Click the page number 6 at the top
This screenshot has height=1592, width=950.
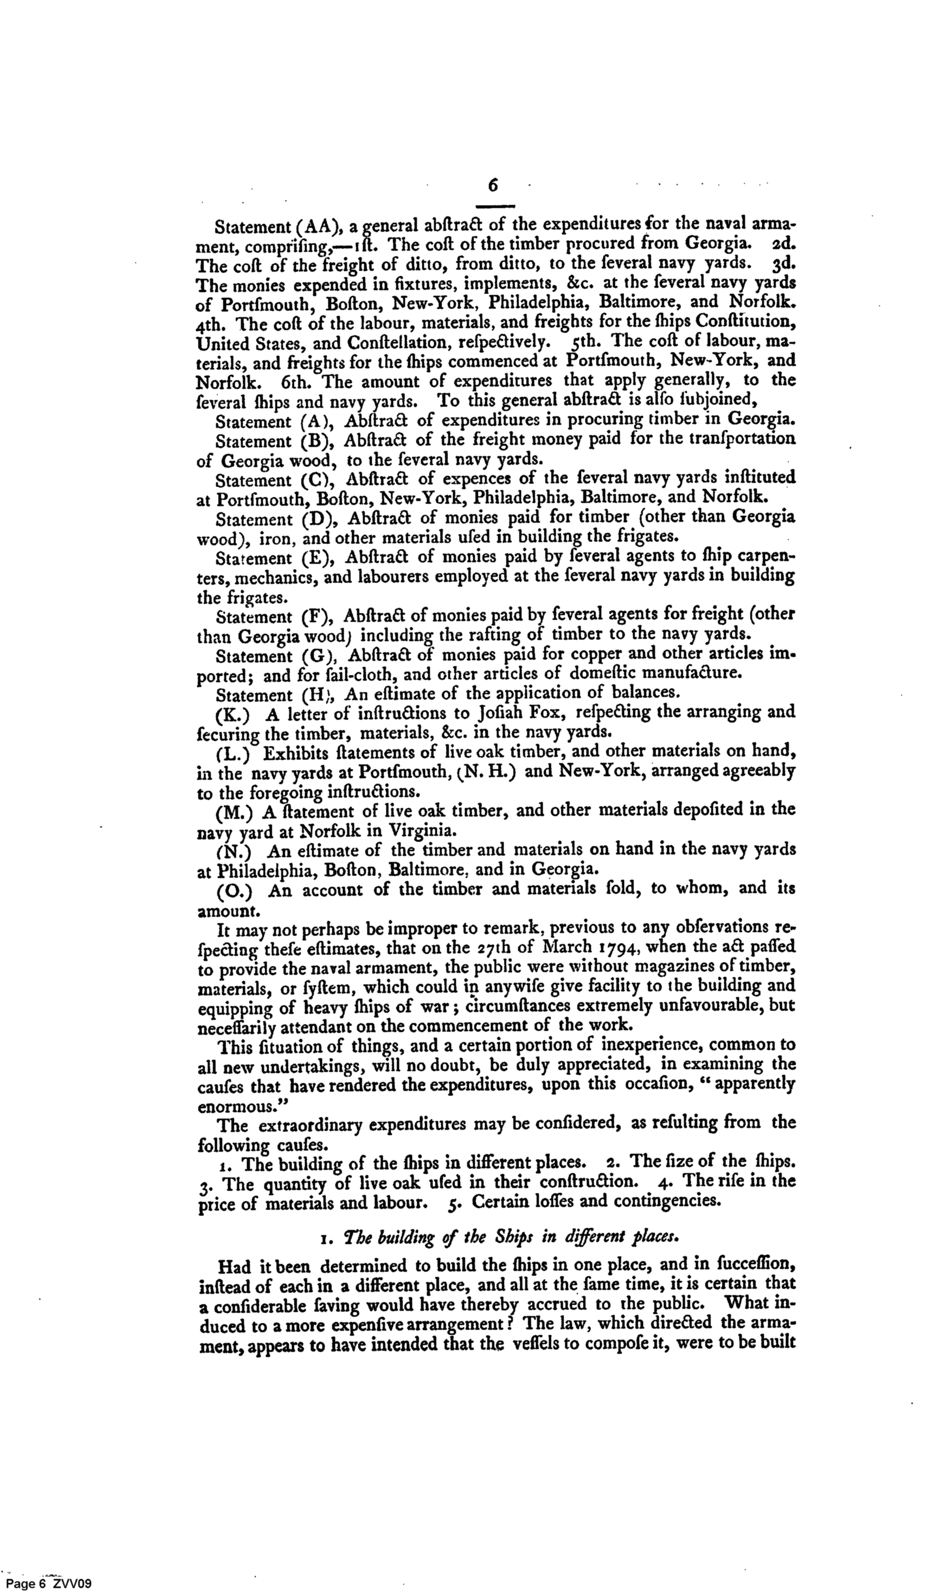point(493,185)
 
